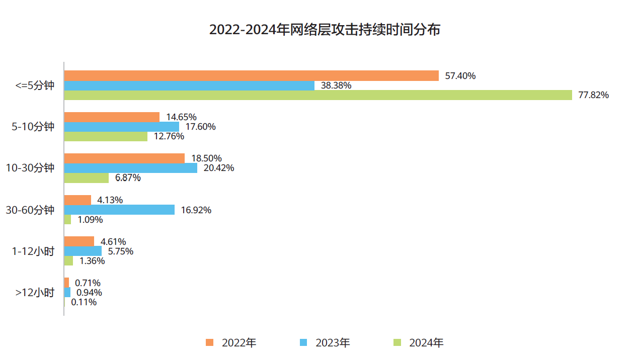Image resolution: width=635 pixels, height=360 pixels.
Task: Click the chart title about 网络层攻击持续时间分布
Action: [325, 30]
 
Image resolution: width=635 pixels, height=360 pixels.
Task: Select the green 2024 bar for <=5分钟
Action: [318, 95]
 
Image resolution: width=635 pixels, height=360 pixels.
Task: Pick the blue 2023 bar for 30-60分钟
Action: [119, 210]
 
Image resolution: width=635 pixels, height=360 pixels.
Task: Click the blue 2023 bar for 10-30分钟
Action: [131, 168]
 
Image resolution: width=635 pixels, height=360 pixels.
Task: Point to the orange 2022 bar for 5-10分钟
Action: [112, 117]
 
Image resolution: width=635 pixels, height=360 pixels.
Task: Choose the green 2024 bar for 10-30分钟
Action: [87, 178]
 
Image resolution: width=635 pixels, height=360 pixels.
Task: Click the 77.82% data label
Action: [593, 95]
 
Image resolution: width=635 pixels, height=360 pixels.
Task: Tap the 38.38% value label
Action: [336, 85]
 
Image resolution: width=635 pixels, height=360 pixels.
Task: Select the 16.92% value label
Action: [196, 210]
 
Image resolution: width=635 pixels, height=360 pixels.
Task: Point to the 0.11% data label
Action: [84, 302]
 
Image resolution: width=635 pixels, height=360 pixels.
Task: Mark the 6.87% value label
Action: [128, 178]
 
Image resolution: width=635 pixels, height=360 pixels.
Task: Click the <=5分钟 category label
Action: [35, 85]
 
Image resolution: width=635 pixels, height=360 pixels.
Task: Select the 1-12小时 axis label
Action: [33, 251]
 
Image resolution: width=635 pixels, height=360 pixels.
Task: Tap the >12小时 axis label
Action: [35, 293]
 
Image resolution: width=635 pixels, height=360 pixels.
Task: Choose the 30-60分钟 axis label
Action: [30, 210]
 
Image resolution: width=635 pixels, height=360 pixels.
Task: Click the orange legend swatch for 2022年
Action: [210, 343]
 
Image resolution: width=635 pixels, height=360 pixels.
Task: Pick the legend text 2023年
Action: [333, 343]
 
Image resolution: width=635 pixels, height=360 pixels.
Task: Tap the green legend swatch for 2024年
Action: [397, 343]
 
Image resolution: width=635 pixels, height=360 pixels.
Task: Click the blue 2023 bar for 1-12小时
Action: [83, 251]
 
